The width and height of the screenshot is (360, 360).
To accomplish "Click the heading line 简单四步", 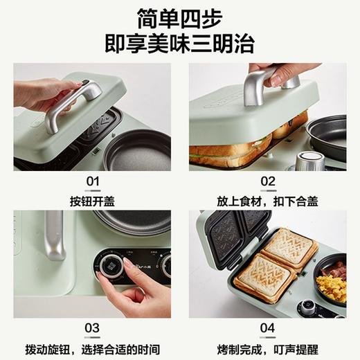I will [x=179, y=17].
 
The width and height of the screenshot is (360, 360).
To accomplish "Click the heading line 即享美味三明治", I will [x=179, y=43].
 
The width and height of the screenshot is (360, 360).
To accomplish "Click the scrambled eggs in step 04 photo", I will [x=331, y=287].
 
